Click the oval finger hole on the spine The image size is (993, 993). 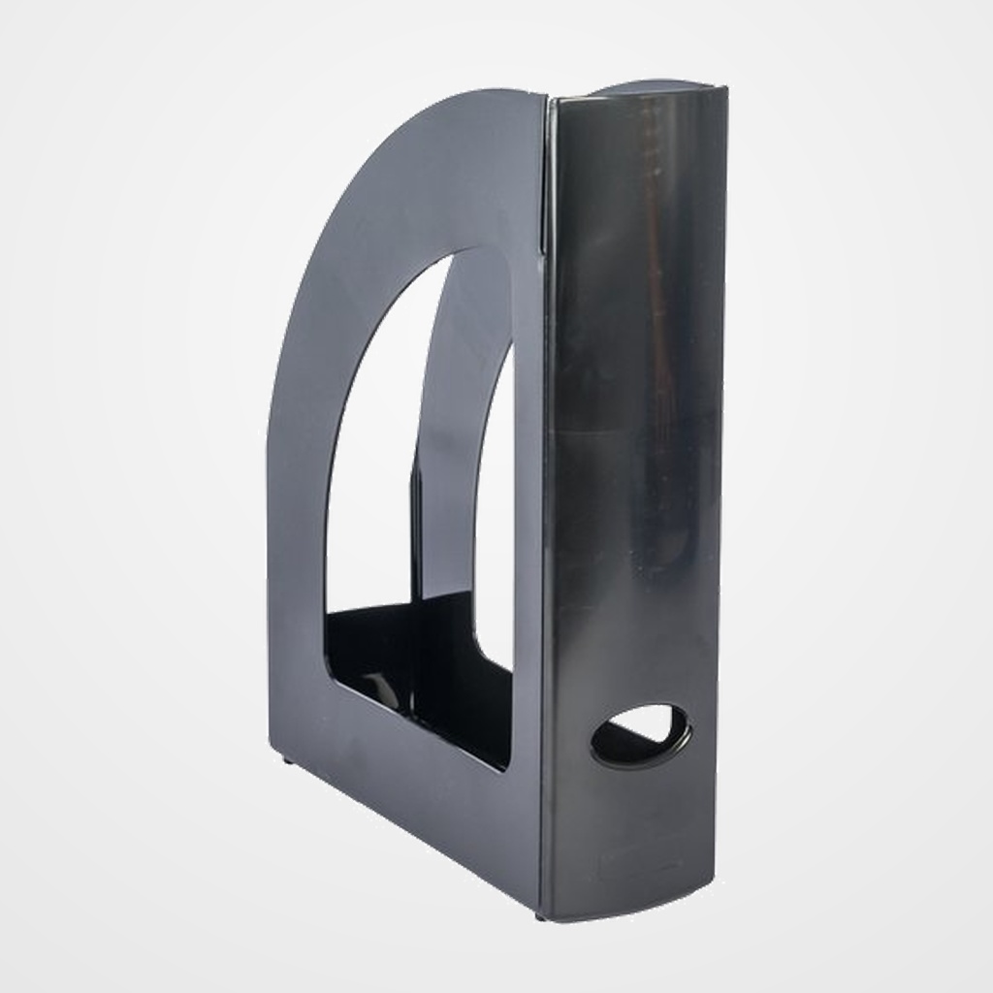(641, 736)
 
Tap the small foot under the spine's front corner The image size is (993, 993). (540, 914)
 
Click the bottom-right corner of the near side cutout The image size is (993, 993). (505, 766)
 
